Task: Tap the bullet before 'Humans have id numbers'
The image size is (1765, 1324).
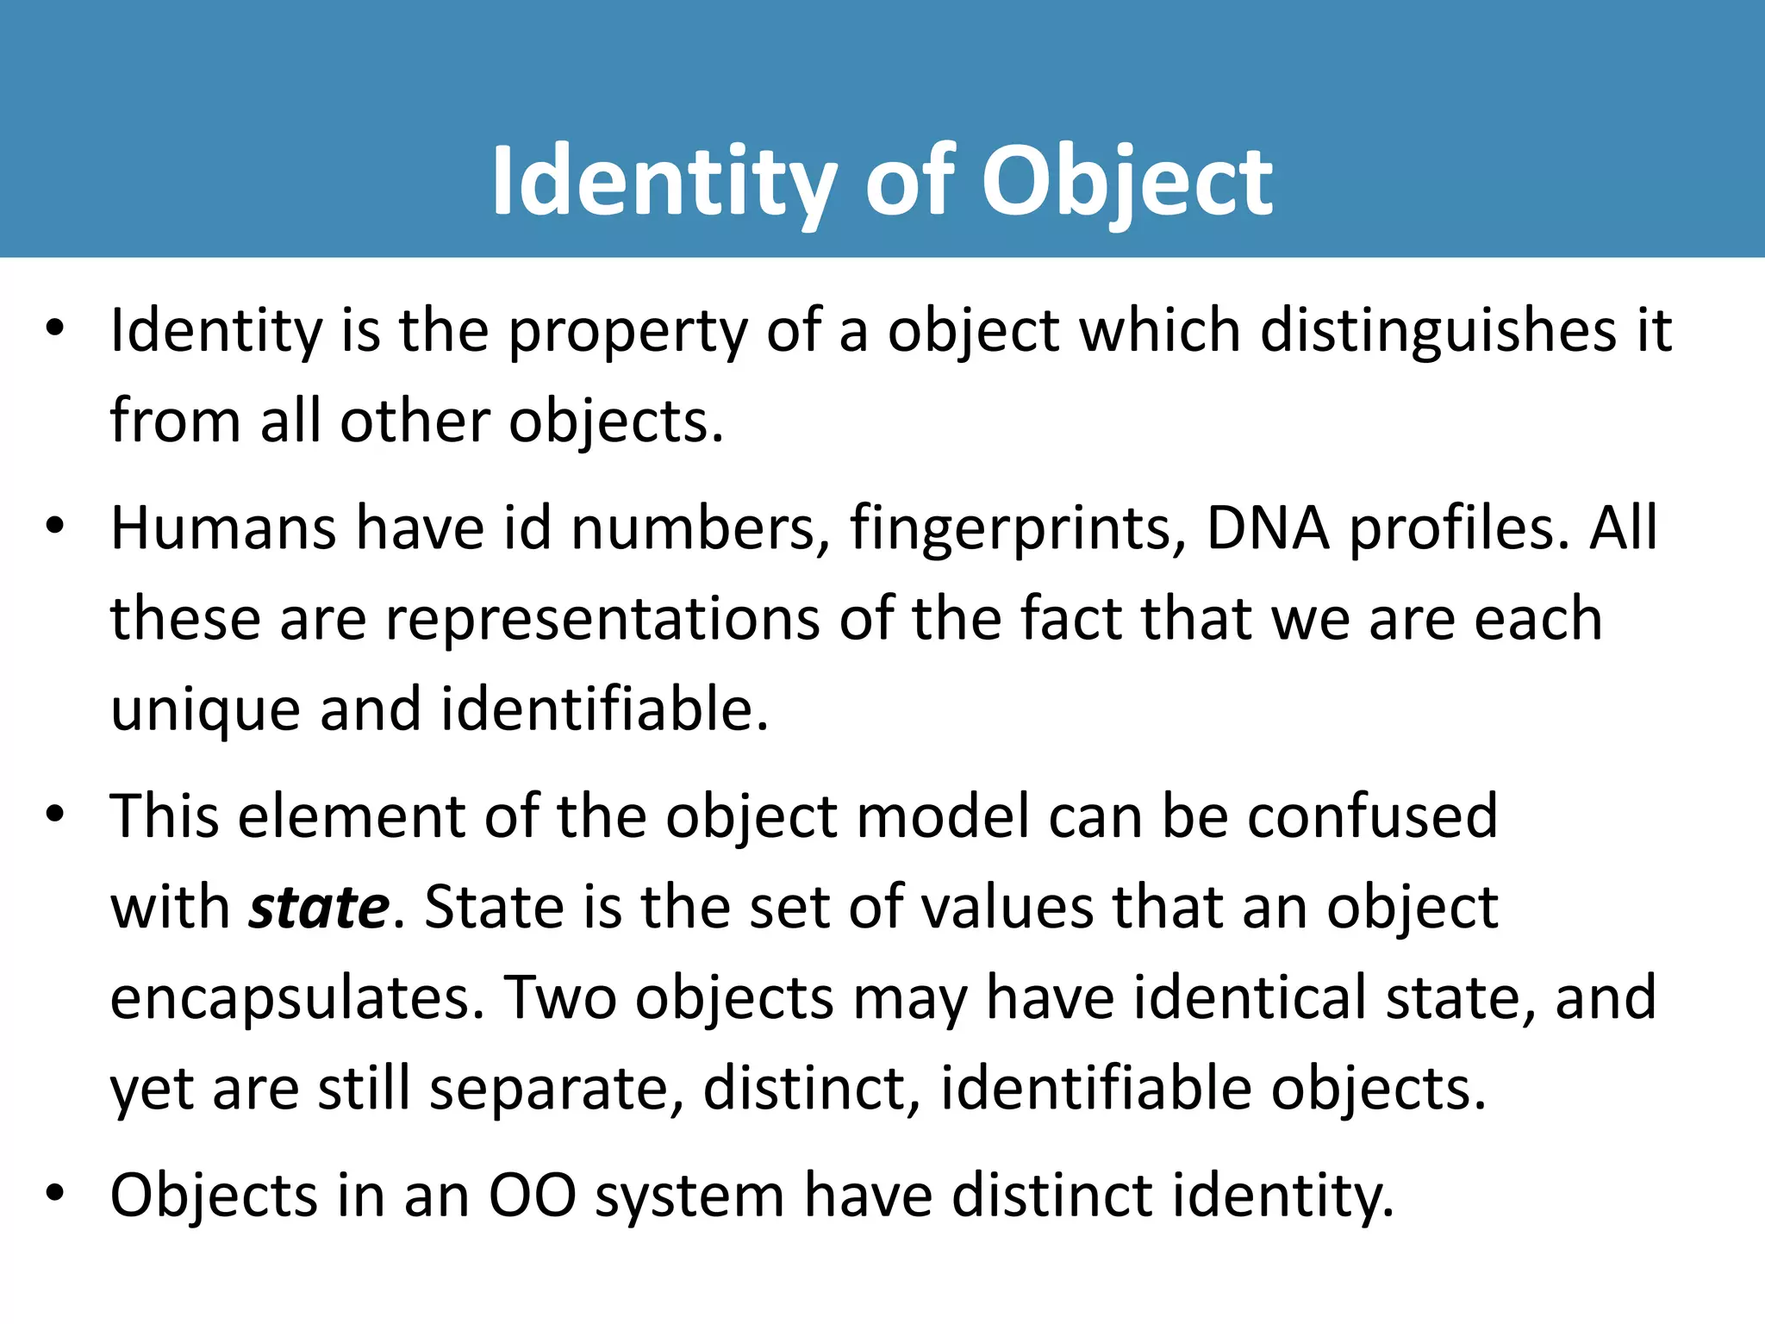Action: point(56,526)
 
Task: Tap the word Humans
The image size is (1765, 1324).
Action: point(223,528)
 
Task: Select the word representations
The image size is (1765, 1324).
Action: point(602,619)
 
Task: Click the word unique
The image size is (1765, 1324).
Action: point(205,710)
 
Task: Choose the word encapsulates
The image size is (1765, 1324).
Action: point(297,998)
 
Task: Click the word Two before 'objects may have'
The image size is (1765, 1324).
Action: point(560,998)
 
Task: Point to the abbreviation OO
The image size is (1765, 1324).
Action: point(532,1196)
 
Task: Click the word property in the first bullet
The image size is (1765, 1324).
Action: point(628,333)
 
